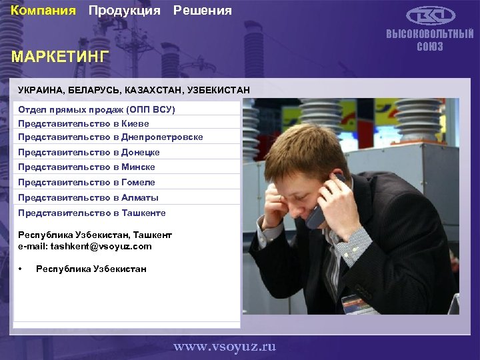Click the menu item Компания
(43, 11)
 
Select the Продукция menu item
(125, 11)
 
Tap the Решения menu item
(203, 11)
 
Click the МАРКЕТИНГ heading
(59, 57)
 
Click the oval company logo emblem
(431, 16)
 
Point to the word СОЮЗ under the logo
(430, 47)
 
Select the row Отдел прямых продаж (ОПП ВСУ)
(97, 109)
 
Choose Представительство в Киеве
(83, 123)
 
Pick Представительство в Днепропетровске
(111, 137)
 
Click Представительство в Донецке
(89, 152)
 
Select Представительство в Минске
(87, 167)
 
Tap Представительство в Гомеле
(87, 182)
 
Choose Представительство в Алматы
(88, 197)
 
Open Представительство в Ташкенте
(92, 213)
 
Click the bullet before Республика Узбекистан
(21, 269)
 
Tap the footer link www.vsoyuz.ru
(225, 347)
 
